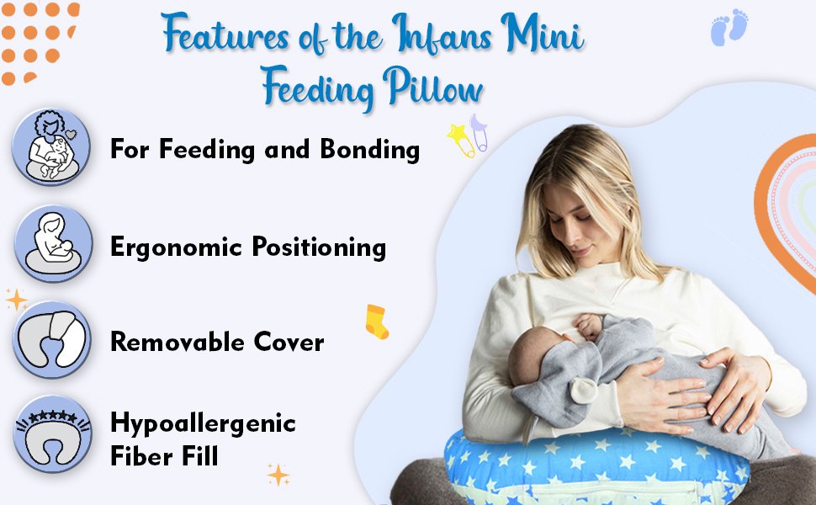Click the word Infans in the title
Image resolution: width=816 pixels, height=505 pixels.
pyautogui.click(x=442, y=34)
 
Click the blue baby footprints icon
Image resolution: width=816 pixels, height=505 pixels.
pyautogui.click(x=729, y=27)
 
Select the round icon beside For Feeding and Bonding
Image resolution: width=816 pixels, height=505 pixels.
pyautogui.click(x=51, y=146)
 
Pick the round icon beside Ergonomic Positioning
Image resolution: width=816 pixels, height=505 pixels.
pyautogui.click(x=53, y=243)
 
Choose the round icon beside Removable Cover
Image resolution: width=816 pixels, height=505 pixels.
pyautogui.click(x=52, y=339)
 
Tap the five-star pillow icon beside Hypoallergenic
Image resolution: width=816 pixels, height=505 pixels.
pyautogui.click(x=52, y=433)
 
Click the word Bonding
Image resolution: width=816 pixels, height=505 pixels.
pyautogui.click(x=369, y=150)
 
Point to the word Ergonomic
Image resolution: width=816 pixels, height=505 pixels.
pyautogui.click(x=177, y=247)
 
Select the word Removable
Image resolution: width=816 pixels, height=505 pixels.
pyautogui.click(x=178, y=342)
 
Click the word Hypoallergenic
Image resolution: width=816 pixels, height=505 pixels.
pyautogui.click(x=203, y=424)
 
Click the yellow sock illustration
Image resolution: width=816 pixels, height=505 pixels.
pyautogui.click(x=376, y=322)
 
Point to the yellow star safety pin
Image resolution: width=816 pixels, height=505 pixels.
pyautogui.click(x=461, y=140)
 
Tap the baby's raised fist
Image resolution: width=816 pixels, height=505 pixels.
pyautogui.click(x=589, y=326)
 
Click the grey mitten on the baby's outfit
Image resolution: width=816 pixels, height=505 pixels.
pyautogui.click(x=583, y=390)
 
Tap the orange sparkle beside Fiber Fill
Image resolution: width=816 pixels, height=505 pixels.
pyautogui.click(x=278, y=475)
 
